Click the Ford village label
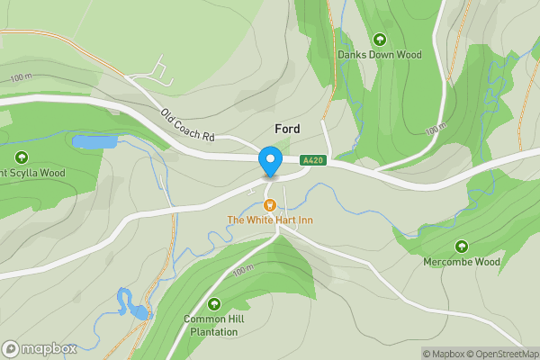tap(281, 129)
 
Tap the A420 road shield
tap(312, 160)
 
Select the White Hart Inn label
tap(269, 220)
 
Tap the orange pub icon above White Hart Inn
tap(269, 205)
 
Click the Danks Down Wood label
tap(379, 55)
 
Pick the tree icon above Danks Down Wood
tap(379, 40)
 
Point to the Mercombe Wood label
tap(461, 263)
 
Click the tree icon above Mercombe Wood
tap(462, 247)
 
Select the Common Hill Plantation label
tap(213, 325)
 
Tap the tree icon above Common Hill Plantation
tap(213, 304)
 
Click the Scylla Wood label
tap(32, 173)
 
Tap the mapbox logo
tap(39, 348)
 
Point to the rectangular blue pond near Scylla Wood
tap(94, 142)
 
